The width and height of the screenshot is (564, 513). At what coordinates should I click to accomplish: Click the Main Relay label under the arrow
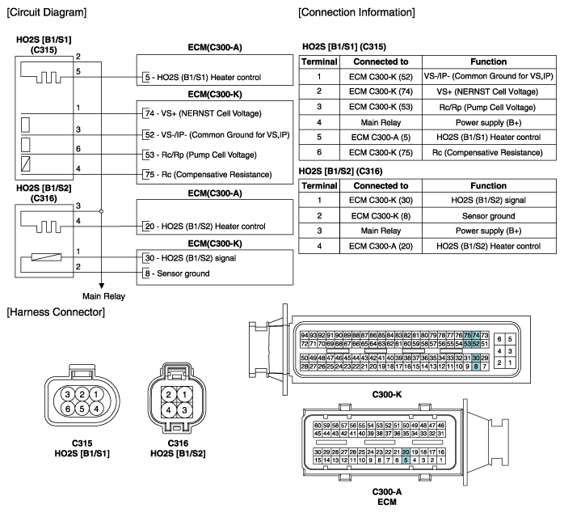(103, 296)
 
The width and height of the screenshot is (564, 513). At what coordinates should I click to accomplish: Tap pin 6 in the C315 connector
(68, 409)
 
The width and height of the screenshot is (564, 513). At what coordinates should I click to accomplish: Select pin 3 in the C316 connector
(184, 409)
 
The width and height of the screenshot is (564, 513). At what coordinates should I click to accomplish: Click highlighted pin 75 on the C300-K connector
(467, 335)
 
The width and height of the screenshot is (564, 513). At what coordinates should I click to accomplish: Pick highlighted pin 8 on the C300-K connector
(476, 367)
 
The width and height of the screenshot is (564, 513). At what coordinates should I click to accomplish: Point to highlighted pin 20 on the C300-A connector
(406, 452)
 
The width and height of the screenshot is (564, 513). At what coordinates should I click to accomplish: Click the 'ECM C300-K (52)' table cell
(381, 76)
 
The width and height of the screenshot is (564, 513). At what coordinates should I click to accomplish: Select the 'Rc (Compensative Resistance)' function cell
(487, 152)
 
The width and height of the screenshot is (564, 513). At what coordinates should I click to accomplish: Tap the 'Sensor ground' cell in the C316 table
(489, 216)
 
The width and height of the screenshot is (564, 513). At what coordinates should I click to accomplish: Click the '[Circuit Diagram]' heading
(47, 12)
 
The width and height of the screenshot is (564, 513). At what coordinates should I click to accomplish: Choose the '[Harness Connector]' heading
(56, 312)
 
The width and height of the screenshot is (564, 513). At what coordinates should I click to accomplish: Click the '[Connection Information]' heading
(356, 12)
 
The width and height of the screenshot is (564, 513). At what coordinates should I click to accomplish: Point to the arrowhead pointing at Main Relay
(102, 286)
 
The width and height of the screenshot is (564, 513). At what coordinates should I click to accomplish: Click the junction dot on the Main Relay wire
(102, 211)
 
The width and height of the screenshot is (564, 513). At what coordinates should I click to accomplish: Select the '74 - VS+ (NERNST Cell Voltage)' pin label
(204, 113)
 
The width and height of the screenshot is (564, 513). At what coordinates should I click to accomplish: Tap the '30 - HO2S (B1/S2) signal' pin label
(191, 258)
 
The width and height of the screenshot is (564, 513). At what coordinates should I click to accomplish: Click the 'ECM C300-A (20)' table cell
(381, 246)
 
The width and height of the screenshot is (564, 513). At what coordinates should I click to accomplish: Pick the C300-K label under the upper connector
(387, 395)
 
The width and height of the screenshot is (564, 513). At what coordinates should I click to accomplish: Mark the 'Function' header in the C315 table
(489, 61)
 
